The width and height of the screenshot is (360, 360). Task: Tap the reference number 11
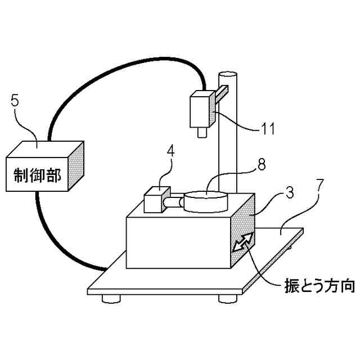pos(268,128)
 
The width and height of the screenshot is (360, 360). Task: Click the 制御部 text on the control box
pos(37,173)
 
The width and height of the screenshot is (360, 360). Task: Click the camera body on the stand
pos(200,111)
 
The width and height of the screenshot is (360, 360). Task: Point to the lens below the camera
pos(200,133)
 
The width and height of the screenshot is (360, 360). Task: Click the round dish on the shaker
pos(205,201)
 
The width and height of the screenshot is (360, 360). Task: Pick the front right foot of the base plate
pos(228,298)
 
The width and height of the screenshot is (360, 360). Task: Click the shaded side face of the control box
pos(76,165)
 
